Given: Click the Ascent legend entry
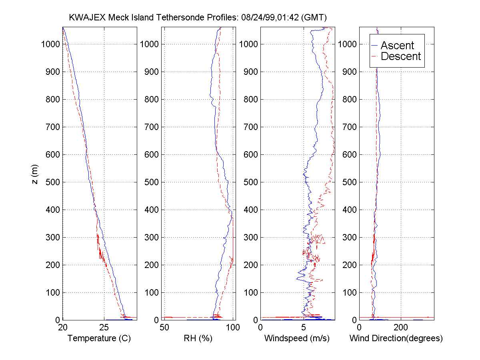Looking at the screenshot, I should point(397,46).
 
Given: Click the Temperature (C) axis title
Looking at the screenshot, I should point(99,338).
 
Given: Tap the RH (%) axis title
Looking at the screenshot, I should point(198,338).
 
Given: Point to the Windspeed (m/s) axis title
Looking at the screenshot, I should point(297,338).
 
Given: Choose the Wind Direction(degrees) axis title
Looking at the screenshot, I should point(396,338).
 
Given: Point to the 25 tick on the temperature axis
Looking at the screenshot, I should point(104,327).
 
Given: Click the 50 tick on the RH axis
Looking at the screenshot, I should point(164,327).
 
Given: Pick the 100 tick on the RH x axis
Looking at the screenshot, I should point(233,327).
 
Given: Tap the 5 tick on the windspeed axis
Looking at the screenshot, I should point(304,327).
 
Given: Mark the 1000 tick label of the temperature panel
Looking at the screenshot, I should point(50,44).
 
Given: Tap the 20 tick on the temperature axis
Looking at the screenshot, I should point(62,327).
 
